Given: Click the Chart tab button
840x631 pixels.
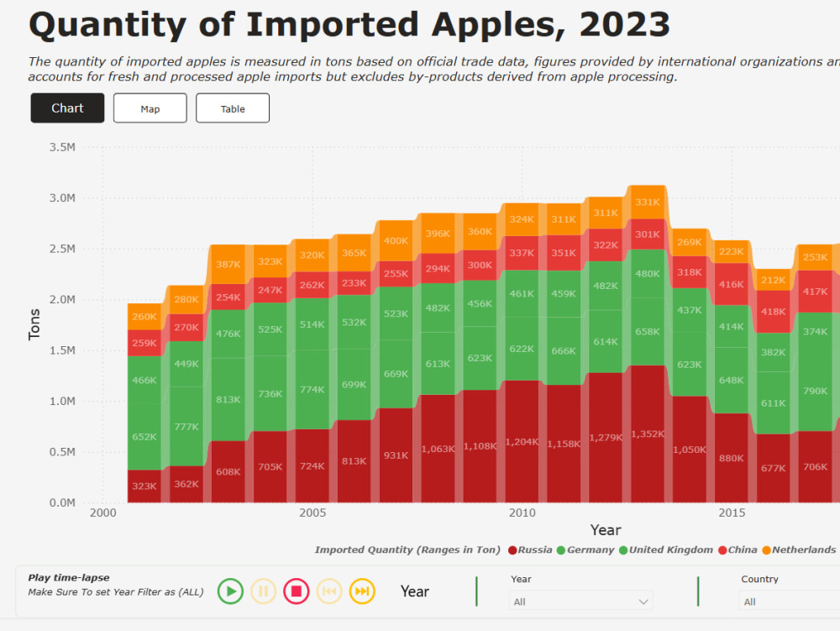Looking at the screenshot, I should pyautogui.click(x=67, y=108).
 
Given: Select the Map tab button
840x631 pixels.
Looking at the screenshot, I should pyautogui.click(x=150, y=108).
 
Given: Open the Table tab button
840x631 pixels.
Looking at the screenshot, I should pyautogui.click(x=233, y=108).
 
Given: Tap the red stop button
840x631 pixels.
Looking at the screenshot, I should pyautogui.click(x=296, y=592).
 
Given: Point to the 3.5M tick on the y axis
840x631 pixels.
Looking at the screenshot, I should pyautogui.click(x=62, y=147).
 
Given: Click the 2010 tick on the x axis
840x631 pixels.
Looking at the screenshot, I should pyautogui.click(x=522, y=513).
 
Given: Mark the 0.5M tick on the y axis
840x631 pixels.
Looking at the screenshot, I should pyautogui.click(x=62, y=452).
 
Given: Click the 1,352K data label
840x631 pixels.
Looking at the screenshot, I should pyautogui.click(x=648, y=434).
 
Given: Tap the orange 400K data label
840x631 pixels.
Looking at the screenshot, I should pyautogui.click(x=396, y=240).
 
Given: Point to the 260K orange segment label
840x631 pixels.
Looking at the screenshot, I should pyautogui.click(x=144, y=317).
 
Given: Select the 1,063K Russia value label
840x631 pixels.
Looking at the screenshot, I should pyautogui.click(x=438, y=449).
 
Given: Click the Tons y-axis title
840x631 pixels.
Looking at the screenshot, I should pyautogui.click(x=34, y=324).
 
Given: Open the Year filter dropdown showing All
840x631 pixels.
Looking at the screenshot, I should pyautogui.click(x=580, y=602).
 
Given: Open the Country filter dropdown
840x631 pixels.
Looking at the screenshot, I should pyautogui.click(x=788, y=602).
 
